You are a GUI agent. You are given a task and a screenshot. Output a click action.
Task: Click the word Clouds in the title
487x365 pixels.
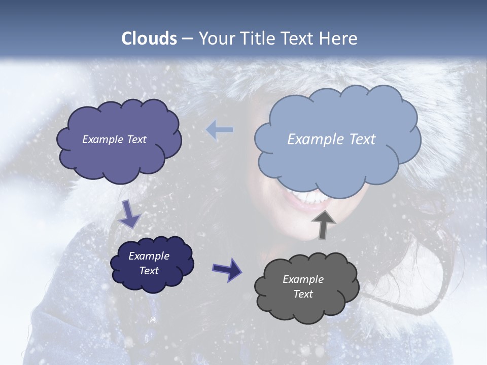[x=149, y=39]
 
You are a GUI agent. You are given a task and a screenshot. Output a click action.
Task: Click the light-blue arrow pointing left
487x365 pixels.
[x=220, y=130]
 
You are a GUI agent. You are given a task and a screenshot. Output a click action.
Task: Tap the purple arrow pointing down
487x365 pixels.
[x=130, y=214]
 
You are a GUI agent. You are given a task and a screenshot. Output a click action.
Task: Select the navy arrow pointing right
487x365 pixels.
[x=227, y=269]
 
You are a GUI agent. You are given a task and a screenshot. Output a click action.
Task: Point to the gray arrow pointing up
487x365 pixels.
[x=323, y=225]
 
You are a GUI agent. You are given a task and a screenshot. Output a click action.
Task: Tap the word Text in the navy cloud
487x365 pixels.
[x=149, y=271]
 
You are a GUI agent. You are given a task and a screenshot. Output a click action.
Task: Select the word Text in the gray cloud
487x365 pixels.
[x=303, y=294]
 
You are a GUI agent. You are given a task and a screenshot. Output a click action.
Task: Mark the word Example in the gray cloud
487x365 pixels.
[x=303, y=279]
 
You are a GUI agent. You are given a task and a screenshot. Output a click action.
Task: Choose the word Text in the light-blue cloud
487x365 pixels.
[x=362, y=139]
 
